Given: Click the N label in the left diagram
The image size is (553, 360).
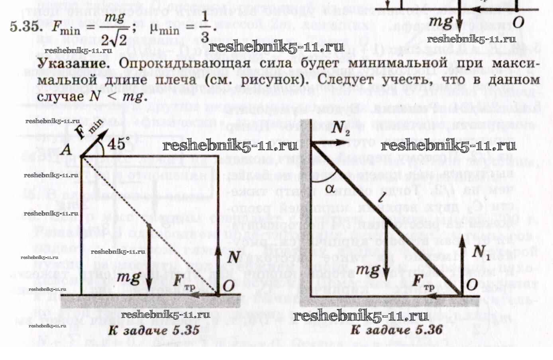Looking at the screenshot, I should [234, 257].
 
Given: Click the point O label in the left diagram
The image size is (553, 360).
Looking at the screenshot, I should [229, 285].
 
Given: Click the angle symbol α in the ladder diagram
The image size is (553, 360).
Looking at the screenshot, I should [330, 188].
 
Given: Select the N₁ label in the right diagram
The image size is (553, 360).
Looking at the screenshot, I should [480, 251].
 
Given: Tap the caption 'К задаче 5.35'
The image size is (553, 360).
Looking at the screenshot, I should [154, 330].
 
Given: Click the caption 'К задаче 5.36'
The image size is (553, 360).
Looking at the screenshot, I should [396, 330].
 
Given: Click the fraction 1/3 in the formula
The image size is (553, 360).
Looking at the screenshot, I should [205, 28].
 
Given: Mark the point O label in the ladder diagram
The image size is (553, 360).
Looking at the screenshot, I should [472, 284].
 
